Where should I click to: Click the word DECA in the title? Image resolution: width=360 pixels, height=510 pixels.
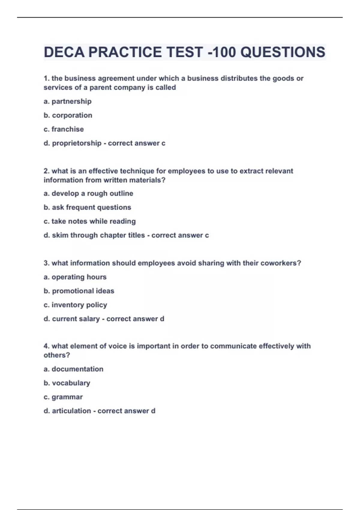tap(64, 52)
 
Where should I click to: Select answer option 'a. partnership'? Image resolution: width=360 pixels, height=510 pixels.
tap(67, 101)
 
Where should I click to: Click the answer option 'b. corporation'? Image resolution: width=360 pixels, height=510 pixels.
tap(68, 115)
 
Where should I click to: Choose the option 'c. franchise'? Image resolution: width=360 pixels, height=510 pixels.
tap(64, 129)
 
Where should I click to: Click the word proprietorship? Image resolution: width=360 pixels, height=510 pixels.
tap(76, 143)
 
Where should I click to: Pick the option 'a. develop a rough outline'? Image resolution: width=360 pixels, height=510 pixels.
tap(88, 193)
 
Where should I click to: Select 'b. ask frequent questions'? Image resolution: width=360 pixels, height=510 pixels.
tap(87, 207)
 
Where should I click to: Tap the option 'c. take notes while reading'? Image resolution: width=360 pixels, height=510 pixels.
tap(89, 221)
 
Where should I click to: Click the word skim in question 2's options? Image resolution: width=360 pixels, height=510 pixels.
tap(60, 235)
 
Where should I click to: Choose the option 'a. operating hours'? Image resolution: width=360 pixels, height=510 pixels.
tap(75, 277)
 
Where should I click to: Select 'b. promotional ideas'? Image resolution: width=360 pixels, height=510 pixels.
tap(79, 291)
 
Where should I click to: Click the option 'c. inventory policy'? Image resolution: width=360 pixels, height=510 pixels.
tap(75, 305)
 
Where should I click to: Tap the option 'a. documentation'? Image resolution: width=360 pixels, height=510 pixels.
tap(73, 369)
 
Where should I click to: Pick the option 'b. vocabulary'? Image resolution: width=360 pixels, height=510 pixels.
tap(67, 383)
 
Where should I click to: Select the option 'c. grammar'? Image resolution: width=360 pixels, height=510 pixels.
tap(63, 397)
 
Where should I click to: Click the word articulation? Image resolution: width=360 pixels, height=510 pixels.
tap(71, 411)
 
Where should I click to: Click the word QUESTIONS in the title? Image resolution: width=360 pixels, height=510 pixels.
tap(283, 52)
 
